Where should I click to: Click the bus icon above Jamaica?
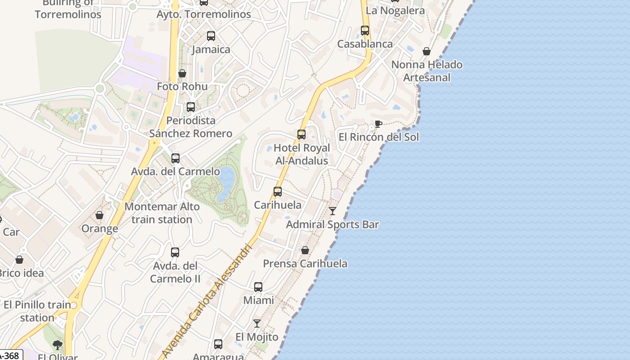[211, 36]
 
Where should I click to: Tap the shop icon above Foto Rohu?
[182, 73]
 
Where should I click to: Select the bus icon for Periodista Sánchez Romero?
[191, 107]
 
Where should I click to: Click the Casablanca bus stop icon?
[365, 31]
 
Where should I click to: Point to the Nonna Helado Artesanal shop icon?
[426, 51]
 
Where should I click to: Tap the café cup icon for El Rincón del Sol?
[378, 124]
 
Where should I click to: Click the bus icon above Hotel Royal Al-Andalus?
[301, 134]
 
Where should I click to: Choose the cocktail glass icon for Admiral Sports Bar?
[333, 211]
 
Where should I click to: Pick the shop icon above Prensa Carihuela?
[305, 250]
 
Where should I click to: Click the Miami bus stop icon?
[258, 287]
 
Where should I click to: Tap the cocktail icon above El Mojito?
[257, 323]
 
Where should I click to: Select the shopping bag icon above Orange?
[99, 215]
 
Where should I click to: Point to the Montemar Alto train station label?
[162, 213]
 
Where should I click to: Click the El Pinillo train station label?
[37, 311]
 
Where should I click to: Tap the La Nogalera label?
[395, 10]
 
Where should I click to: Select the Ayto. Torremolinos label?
[203, 14]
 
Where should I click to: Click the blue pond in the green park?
[226, 182]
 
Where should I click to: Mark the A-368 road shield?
[10, 355]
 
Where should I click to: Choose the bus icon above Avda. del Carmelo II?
[175, 252]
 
